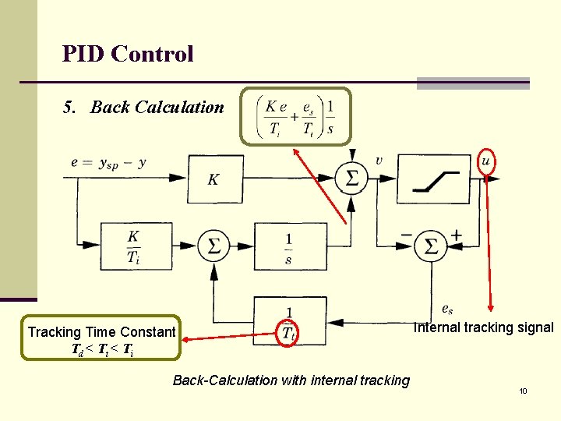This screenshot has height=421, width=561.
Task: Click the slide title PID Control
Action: [128, 54]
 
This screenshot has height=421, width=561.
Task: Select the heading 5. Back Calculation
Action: [144, 108]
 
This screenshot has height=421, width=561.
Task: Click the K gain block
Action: [214, 179]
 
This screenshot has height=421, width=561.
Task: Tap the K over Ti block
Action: [134, 246]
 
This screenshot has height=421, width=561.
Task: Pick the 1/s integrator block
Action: [288, 246]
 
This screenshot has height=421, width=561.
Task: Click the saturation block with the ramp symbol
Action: [435, 179]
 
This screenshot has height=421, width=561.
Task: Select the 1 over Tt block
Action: [289, 321]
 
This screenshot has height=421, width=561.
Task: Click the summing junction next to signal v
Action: [352, 179]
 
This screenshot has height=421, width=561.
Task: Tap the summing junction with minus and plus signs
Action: [430, 246]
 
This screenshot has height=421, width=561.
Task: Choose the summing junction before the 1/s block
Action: [213, 246]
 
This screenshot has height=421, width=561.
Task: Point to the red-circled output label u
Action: [486, 160]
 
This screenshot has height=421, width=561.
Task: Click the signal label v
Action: [379, 161]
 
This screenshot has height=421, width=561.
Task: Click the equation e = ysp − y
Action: [108, 163]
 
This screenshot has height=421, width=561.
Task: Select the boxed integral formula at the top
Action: [296, 117]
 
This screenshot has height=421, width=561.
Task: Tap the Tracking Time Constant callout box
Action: [101, 338]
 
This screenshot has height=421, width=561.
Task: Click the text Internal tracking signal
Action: [483, 327]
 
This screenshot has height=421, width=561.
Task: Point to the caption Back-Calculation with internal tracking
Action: [291, 380]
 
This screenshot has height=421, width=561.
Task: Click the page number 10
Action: [524, 391]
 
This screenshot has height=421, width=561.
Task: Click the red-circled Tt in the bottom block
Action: [288, 333]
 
